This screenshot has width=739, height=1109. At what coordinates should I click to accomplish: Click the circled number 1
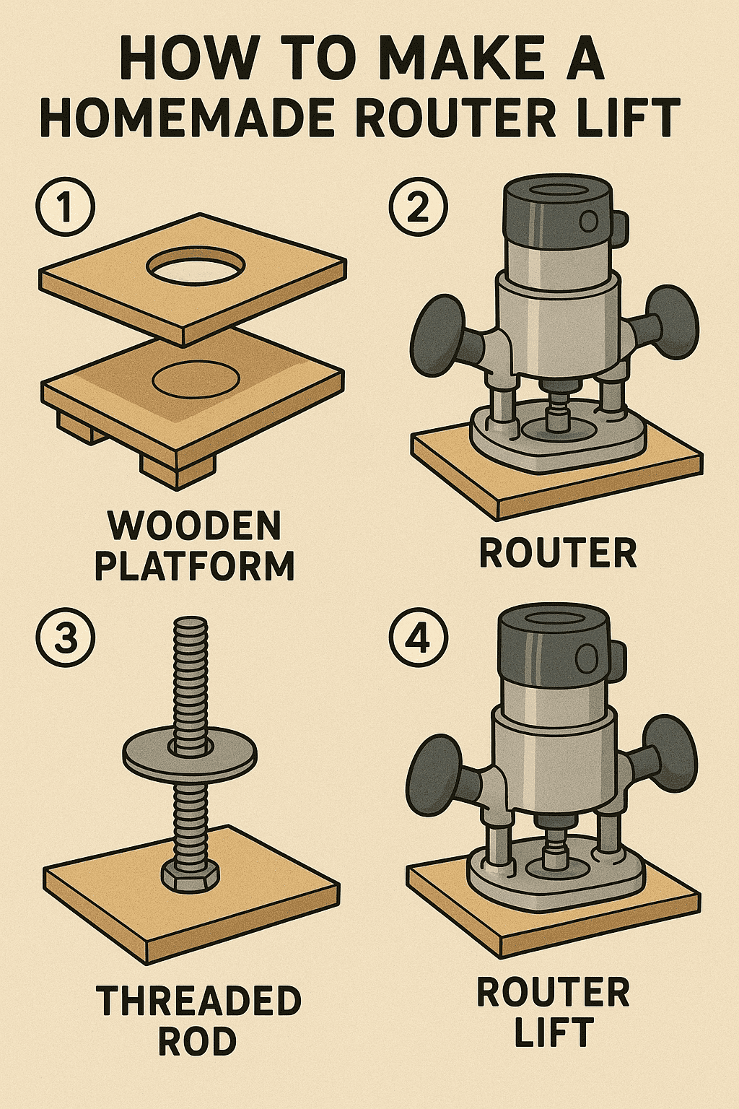pyautogui.click(x=65, y=209)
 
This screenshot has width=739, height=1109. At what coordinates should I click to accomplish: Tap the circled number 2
pyautogui.click(x=418, y=209)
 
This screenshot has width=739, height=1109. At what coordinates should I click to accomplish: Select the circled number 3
pyautogui.click(x=65, y=638)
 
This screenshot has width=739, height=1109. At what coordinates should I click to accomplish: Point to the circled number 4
pyautogui.click(x=418, y=638)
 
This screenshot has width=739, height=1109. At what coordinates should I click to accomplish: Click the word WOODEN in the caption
pyautogui.click(x=195, y=526)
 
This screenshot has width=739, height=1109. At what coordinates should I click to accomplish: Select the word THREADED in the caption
pyautogui.click(x=198, y=1001)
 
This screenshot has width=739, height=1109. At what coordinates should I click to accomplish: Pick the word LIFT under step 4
pyautogui.click(x=554, y=1032)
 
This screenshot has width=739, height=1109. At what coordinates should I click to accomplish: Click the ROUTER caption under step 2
pyautogui.click(x=558, y=554)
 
